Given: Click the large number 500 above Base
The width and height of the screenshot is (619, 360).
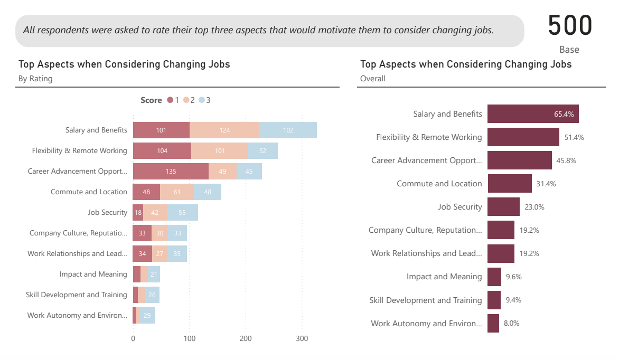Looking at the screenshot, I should click(570, 25).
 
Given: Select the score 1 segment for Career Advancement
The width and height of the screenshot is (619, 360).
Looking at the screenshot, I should click(171, 171).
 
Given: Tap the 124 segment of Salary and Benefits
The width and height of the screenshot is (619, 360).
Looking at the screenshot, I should click(224, 130).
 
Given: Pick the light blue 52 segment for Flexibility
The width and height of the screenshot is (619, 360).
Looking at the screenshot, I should click(263, 150).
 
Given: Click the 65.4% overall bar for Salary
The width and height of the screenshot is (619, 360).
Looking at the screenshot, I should click(533, 113).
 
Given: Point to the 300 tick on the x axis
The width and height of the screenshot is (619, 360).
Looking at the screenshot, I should click(302, 338).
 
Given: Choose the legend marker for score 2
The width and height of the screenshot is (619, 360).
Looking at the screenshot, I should click(186, 100).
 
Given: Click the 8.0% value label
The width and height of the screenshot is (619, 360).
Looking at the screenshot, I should click(511, 323).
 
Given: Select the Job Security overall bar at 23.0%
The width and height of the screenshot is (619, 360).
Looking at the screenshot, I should click(503, 206).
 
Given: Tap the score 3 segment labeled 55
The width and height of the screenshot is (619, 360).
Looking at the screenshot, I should click(182, 212).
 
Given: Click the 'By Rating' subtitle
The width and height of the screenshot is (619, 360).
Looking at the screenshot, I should click(35, 79).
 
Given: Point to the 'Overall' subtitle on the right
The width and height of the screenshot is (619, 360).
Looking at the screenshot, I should click(373, 79).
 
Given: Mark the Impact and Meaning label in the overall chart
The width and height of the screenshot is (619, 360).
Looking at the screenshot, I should click(444, 276).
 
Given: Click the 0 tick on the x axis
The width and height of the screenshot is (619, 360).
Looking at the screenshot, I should click(133, 338).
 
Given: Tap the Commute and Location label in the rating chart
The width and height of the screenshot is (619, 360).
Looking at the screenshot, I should click(89, 192).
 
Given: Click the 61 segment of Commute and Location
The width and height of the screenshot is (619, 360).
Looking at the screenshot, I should click(177, 192).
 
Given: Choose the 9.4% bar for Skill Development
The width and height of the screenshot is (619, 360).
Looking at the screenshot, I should click(494, 300).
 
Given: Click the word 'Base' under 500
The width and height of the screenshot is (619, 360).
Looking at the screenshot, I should click(569, 50).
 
